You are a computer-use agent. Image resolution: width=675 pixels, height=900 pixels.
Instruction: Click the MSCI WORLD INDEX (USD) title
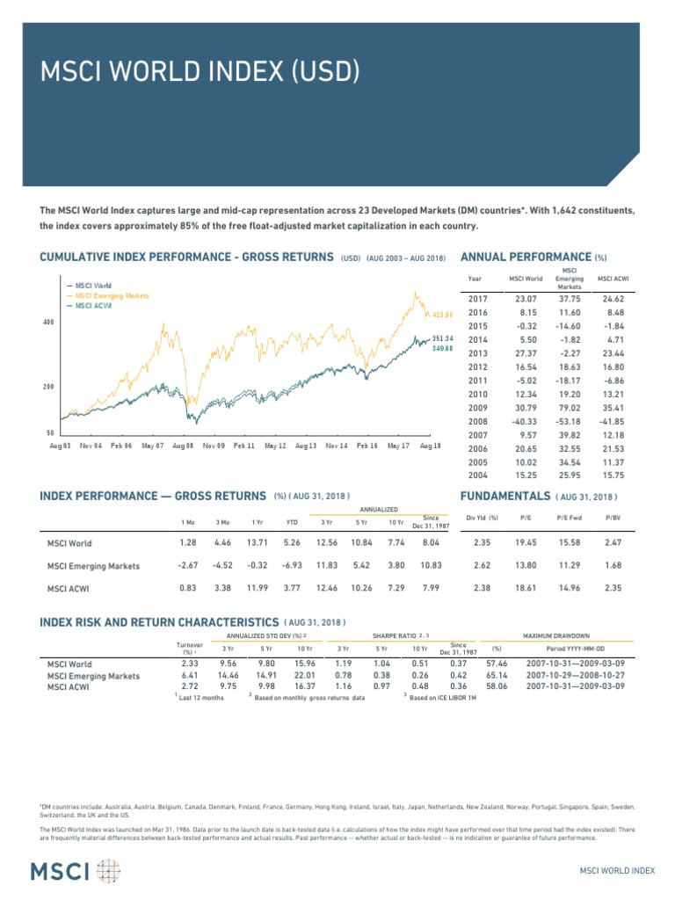pos(201,71)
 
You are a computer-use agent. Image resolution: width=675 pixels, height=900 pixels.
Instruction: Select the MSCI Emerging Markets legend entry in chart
pos(112,296)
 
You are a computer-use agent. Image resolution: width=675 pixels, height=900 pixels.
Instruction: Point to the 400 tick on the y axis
pos(49,323)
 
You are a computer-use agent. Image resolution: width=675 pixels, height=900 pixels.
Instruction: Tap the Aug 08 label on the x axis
pos(183,446)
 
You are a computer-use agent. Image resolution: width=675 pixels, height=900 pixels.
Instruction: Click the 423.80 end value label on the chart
pos(442,315)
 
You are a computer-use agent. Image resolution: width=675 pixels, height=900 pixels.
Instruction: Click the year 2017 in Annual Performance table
pos(478,299)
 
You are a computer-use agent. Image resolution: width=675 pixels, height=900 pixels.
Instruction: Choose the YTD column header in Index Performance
pos(292,522)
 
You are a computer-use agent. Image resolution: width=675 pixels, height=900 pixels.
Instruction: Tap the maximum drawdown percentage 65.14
pos(498,676)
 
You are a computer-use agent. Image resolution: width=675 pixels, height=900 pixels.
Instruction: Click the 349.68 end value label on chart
pos(442,348)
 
